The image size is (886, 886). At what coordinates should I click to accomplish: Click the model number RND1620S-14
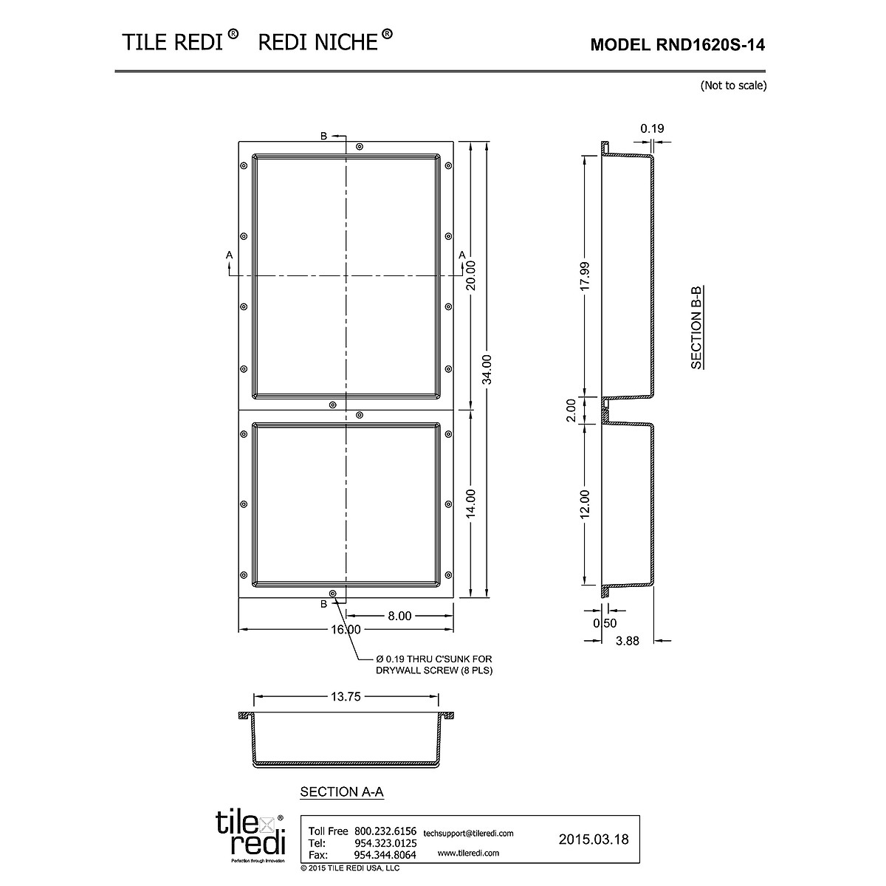678,45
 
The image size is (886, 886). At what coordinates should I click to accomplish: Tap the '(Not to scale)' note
733,86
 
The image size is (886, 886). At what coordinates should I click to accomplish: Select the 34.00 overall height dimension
487,369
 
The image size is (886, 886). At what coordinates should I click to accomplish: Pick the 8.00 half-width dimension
399,616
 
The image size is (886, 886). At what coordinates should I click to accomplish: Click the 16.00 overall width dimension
346,630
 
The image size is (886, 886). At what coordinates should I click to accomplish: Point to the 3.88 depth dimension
627,641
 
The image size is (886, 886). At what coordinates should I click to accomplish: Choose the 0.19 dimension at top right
652,128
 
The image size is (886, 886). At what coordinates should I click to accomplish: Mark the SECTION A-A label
342,792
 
